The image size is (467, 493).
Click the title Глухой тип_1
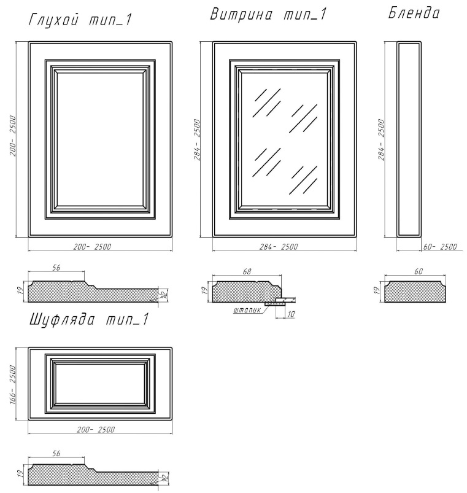pos(80,20)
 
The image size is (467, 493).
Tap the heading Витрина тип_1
pos(268,15)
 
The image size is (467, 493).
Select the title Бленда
pos(414,13)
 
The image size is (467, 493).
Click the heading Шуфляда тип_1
pos(88,319)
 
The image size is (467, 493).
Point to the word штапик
pos(247,310)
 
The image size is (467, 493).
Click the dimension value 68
pos(247,271)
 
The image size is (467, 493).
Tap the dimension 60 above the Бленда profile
pos(419,271)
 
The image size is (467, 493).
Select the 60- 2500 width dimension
pos(440,247)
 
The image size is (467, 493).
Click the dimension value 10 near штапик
pos(291,314)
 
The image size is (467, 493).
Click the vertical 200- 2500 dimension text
pos(12,136)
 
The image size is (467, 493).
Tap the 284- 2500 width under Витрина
pos(279,247)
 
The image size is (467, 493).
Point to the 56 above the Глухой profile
pos(56,268)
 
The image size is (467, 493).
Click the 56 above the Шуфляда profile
pos(56,453)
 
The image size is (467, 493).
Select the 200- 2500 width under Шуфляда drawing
pos(96,430)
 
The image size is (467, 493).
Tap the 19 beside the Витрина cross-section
pos(205,291)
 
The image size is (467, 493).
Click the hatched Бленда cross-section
pos(415,292)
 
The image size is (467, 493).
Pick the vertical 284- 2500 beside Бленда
pos(381,139)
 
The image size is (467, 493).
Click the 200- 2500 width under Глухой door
pos(92,247)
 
